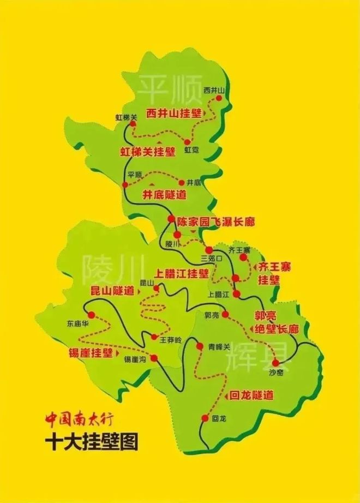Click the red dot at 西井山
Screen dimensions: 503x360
pyautogui.click(x=219, y=99)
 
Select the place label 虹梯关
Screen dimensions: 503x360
pyautogui.click(x=127, y=117)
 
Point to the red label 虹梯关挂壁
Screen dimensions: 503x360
pyautogui.click(x=147, y=152)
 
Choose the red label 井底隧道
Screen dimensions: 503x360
pyautogui.click(x=164, y=194)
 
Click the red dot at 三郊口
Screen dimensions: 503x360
pyautogui.click(x=208, y=250)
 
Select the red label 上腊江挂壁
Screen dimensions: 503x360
pyautogui.click(x=182, y=273)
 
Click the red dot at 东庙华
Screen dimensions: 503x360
pyautogui.click(x=91, y=315)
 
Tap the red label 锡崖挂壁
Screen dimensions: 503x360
pyautogui.click(x=91, y=352)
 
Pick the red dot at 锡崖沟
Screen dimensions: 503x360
pyautogui.click(x=154, y=358)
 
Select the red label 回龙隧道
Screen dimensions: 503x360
pyautogui.click(x=251, y=394)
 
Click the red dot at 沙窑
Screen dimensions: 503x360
pyautogui.click(x=275, y=362)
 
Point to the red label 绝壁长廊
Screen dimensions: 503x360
pyautogui.click(x=277, y=329)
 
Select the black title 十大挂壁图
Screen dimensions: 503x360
pyautogui.click(x=92, y=441)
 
